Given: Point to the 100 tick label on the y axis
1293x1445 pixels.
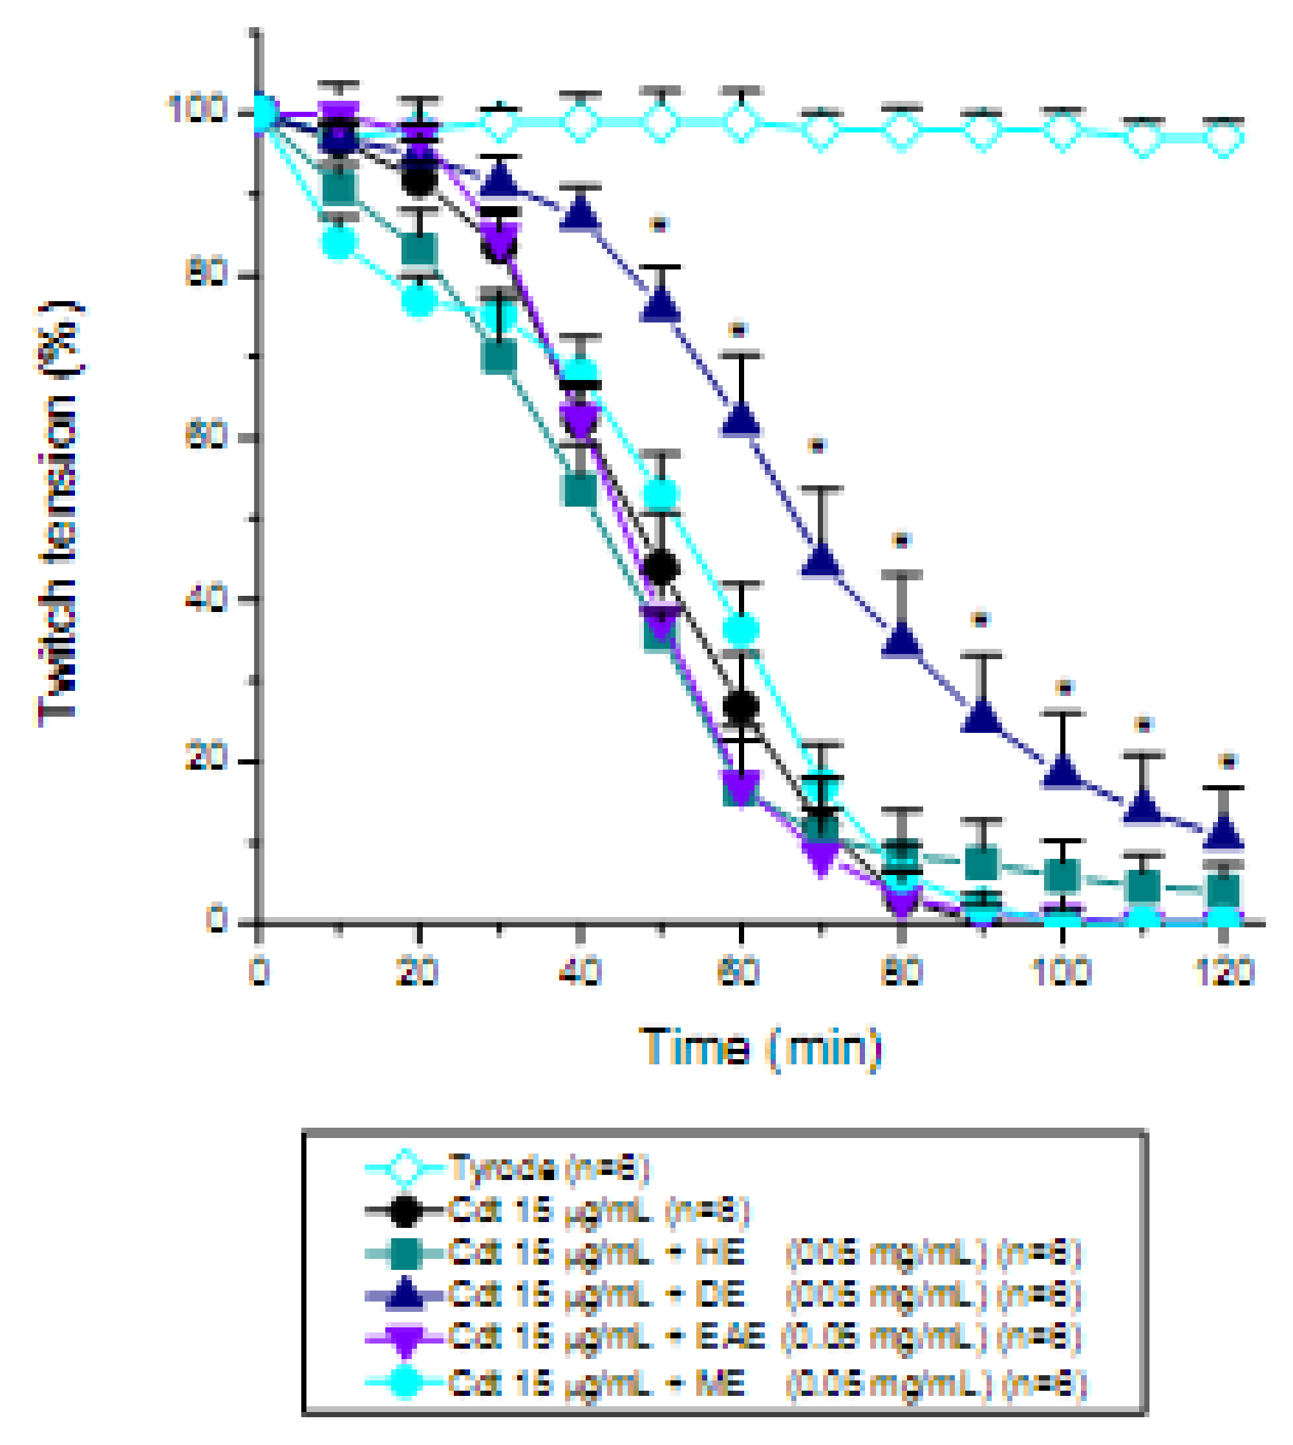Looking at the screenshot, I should [197, 110].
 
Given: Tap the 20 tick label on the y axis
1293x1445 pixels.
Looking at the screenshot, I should [206, 757].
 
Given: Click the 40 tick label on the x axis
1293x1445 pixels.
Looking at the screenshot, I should [581, 972].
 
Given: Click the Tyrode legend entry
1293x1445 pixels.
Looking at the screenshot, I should [547, 1168].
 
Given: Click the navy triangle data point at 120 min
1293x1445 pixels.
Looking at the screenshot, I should [1223, 835].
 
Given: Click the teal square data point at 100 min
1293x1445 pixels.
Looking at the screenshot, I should [1063, 876].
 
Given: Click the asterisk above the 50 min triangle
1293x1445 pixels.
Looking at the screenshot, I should [659, 225].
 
